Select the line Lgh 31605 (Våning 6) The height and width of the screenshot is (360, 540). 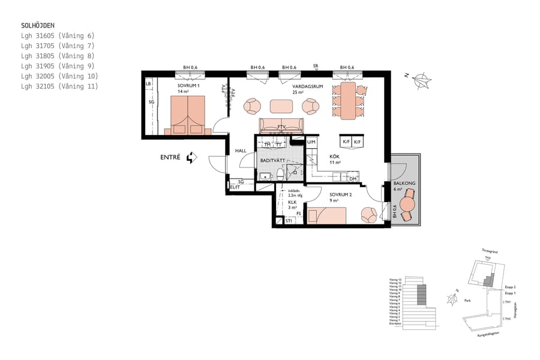click(58, 36)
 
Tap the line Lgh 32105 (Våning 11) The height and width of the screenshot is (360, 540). click(59, 86)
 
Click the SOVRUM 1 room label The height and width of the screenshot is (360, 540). click(188, 86)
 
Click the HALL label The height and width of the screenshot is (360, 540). click(241, 151)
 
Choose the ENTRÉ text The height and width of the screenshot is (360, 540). click(171, 158)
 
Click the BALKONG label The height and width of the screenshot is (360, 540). click(402, 184)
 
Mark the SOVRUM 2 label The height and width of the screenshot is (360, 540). click(341, 194)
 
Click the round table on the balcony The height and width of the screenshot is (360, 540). click(407, 205)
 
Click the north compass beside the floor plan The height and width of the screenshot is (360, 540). click(424, 80)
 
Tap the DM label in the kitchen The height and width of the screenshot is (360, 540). click(353, 179)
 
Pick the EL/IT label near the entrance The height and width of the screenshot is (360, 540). click(235, 187)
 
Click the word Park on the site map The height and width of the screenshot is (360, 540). click(467, 301)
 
